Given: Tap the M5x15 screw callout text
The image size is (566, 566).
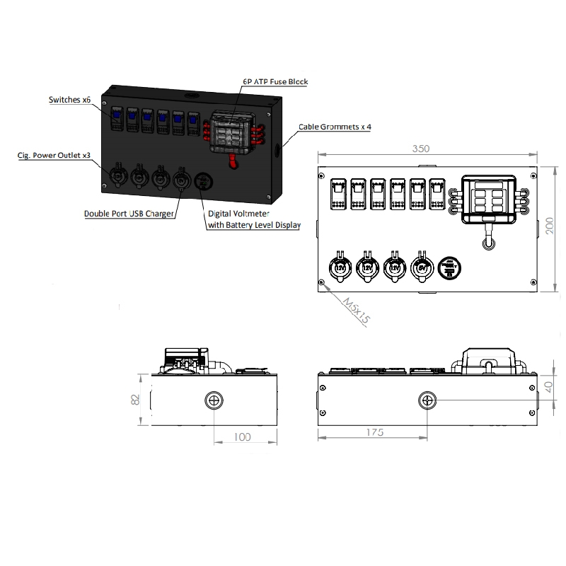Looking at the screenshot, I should click(356, 310).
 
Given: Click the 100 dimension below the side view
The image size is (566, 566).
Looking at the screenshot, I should click(242, 437).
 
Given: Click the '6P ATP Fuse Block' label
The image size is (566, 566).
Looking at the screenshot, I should click(275, 82).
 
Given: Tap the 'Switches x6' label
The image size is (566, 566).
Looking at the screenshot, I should click(69, 100).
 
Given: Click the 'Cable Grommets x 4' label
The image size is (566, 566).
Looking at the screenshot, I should click(335, 127).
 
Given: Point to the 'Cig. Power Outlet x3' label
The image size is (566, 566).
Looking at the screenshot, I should click(54, 155).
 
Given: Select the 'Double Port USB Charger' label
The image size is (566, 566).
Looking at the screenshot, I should click(129, 214).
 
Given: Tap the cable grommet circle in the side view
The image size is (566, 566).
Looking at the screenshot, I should click(214, 400).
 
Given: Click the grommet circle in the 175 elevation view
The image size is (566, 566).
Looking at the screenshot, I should click(427, 400).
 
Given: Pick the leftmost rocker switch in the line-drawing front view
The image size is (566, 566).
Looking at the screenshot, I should click(337, 194).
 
